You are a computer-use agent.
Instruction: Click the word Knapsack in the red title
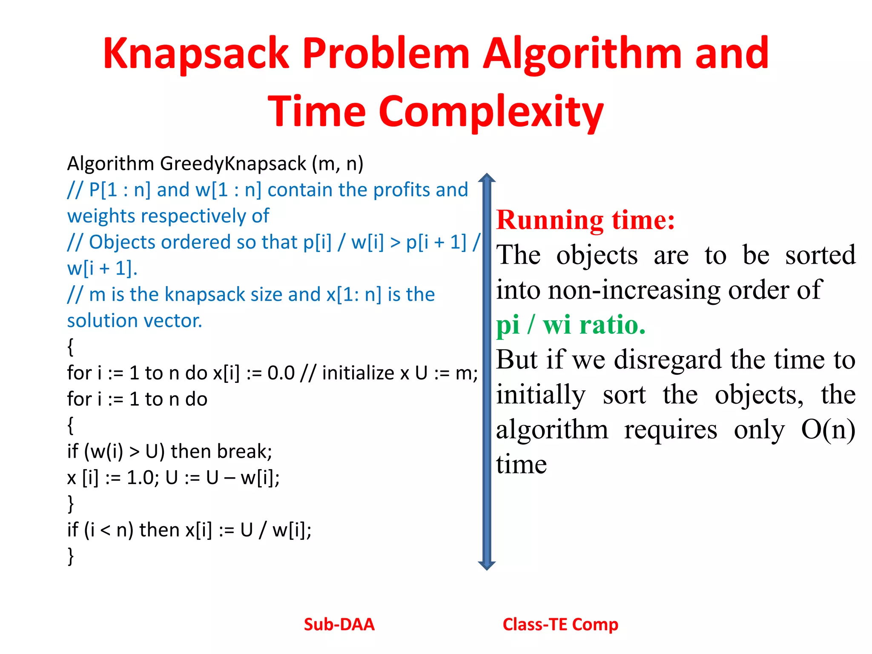(x=196, y=54)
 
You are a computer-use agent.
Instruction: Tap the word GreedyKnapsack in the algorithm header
(x=233, y=164)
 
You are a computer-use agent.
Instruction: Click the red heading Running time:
(x=585, y=220)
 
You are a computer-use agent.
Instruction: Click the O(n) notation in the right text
(x=828, y=430)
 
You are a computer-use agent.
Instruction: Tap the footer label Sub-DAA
(x=339, y=625)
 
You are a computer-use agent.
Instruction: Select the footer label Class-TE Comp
(x=560, y=625)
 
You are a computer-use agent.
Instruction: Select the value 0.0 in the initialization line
(x=281, y=373)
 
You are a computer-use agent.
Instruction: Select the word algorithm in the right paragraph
(x=552, y=430)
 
